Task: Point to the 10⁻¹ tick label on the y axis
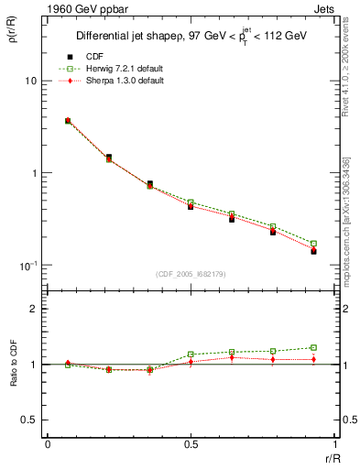pyautogui.click(x=27, y=265)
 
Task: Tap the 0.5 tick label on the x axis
pyautogui.click(x=190, y=443)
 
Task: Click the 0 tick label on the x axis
pyautogui.click(x=48, y=443)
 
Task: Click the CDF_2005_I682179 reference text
pyautogui.click(x=190, y=275)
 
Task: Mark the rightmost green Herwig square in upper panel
pyautogui.click(x=313, y=244)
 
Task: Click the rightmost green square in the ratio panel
pyautogui.click(x=313, y=348)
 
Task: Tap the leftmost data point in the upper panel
pyautogui.click(x=68, y=120)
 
